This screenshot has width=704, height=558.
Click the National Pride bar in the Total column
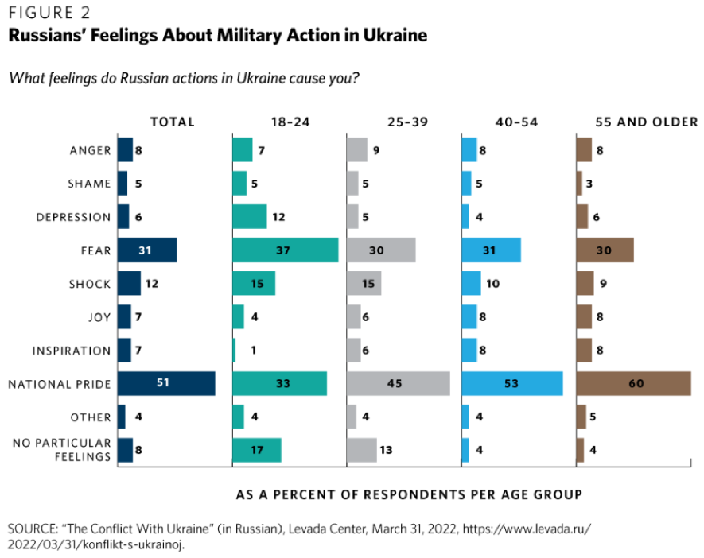[x=165, y=384]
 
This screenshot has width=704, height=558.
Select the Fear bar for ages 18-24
[x=285, y=250]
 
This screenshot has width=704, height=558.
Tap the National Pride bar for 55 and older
[x=633, y=384]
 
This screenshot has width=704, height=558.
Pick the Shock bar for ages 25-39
[x=364, y=284]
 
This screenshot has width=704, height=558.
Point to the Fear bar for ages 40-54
[x=491, y=250]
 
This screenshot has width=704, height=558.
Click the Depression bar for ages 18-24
[x=249, y=217]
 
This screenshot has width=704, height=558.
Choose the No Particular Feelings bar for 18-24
[x=256, y=451]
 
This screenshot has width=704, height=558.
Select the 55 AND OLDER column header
[x=647, y=122]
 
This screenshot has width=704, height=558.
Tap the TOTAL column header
[x=173, y=122]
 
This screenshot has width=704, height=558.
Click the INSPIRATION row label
[x=72, y=351]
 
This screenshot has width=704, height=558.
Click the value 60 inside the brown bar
[x=636, y=384]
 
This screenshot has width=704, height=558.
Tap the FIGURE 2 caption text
[x=49, y=14]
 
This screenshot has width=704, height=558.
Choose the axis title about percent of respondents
[x=409, y=494]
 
